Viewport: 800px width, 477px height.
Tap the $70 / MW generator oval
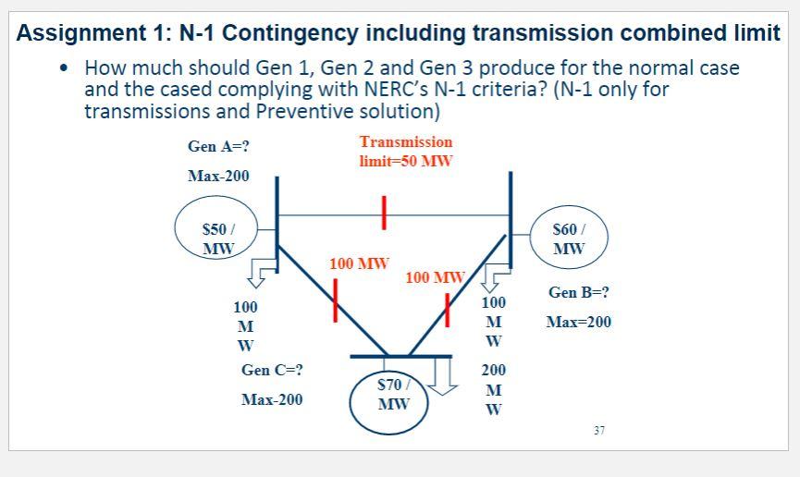point(395,395)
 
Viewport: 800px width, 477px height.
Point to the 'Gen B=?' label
point(579,292)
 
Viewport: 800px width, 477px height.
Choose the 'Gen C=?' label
point(272,370)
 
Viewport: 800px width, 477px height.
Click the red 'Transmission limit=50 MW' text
point(406,151)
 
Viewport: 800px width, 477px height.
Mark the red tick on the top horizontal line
point(382,213)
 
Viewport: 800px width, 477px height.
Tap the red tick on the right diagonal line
point(447,309)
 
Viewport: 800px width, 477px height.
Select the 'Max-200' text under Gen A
point(218,176)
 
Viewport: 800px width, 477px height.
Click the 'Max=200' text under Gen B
point(579,322)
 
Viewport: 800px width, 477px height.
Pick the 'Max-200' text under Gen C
point(272,399)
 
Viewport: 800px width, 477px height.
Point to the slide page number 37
point(599,430)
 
